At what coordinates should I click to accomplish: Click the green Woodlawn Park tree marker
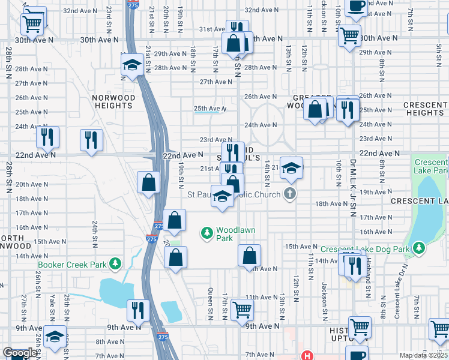tap(208, 232)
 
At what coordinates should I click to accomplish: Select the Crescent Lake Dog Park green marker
tap(418, 248)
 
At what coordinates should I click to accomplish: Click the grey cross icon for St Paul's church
tap(290, 194)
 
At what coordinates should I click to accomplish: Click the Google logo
tap(20, 353)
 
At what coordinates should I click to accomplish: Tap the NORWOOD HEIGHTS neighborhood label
tap(112, 101)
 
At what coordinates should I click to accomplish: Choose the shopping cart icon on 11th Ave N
tap(243, 309)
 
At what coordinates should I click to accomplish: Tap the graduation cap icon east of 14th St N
tap(291, 168)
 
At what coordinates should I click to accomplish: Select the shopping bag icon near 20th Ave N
tap(148, 182)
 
